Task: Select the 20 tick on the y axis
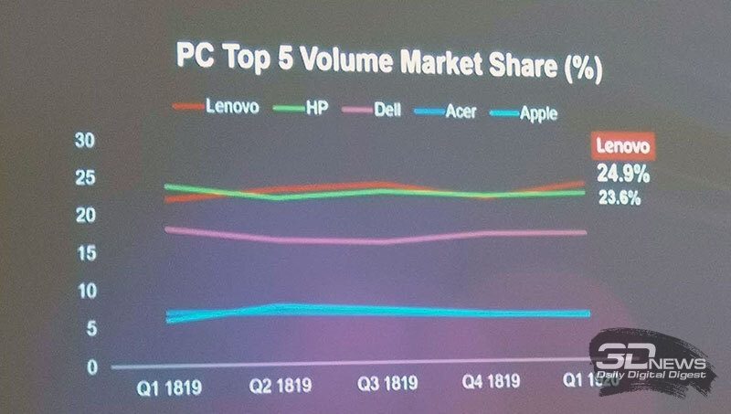(x=84, y=216)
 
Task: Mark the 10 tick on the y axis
(x=84, y=291)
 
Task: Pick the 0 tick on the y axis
(x=90, y=366)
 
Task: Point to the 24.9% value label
(x=623, y=175)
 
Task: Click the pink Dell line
(x=365, y=240)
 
